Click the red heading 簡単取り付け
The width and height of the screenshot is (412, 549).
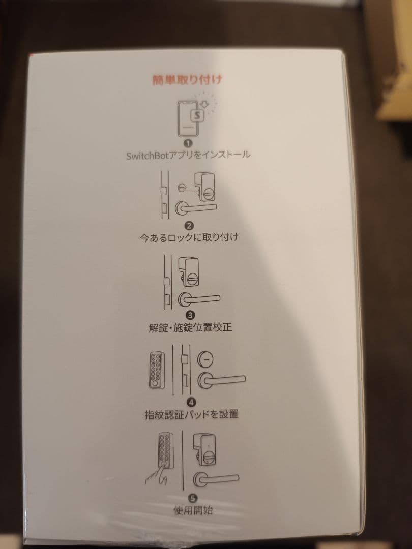pyautogui.click(x=188, y=80)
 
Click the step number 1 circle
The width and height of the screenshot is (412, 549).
pyautogui.click(x=188, y=143)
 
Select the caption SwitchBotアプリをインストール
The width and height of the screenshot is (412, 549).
pyautogui.click(x=188, y=155)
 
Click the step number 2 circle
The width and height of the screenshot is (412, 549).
pyautogui.click(x=189, y=225)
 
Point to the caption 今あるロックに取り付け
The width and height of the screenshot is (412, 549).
pyautogui.click(x=189, y=237)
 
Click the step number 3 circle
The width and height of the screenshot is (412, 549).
pyautogui.click(x=190, y=315)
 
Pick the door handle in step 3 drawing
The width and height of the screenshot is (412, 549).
pyautogui.click(x=199, y=299)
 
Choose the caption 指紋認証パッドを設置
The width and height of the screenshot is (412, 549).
pyautogui.click(x=191, y=414)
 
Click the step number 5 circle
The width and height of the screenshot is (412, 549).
pyautogui.click(x=193, y=498)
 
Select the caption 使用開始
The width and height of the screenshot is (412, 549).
pyautogui.click(x=193, y=510)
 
